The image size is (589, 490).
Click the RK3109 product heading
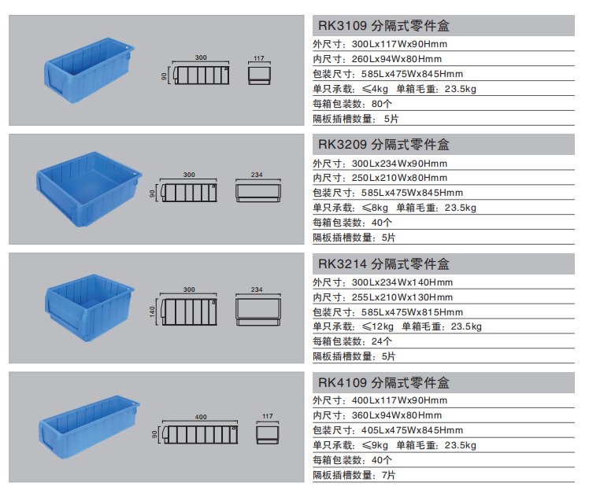(383, 26)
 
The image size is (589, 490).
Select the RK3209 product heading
(383, 145)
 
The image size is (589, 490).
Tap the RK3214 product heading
(383, 263)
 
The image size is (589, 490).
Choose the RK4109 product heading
(383, 383)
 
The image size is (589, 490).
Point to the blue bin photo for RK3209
(89, 186)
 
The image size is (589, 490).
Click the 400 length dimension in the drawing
(200, 416)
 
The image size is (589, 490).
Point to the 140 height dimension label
(153, 312)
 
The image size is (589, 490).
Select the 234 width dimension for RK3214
(257, 290)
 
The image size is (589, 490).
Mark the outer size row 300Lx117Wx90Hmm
(380, 44)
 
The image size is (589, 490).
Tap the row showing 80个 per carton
(352, 104)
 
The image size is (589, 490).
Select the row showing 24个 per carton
(352, 341)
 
